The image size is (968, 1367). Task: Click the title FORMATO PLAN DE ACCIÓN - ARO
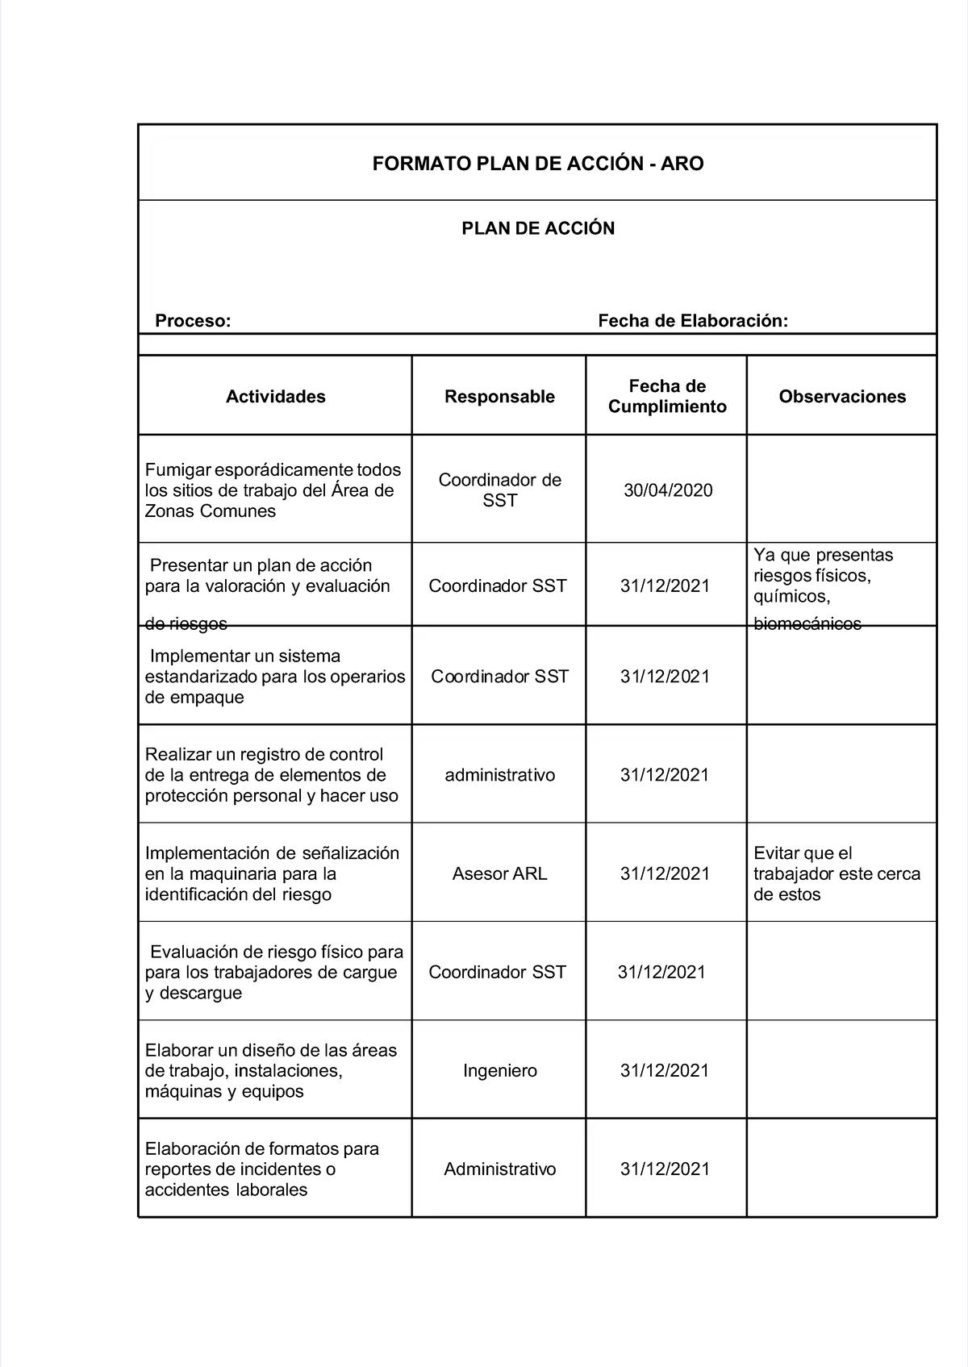(537, 164)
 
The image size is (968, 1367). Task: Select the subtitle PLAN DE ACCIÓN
(537, 228)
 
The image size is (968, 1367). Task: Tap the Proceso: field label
(193, 321)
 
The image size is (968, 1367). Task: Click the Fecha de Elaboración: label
(693, 321)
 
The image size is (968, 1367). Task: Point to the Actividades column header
(275, 396)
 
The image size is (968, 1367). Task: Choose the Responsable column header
(499, 396)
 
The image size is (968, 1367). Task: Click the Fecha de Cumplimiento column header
(667, 396)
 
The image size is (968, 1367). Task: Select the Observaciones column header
(842, 396)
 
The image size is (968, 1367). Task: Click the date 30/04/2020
(668, 490)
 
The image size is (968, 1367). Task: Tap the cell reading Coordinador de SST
(499, 490)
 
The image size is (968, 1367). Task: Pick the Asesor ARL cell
(499, 873)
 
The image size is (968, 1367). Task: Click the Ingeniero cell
(499, 1070)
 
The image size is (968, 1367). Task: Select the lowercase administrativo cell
(499, 775)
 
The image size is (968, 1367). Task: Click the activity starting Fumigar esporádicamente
(273, 490)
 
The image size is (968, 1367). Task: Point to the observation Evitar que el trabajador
(837, 873)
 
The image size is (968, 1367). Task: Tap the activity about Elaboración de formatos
(261, 1169)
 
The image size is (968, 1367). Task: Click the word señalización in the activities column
(349, 853)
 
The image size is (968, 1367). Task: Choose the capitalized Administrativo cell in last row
(499, 1169)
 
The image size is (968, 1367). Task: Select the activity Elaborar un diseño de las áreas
(270, 1070)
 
